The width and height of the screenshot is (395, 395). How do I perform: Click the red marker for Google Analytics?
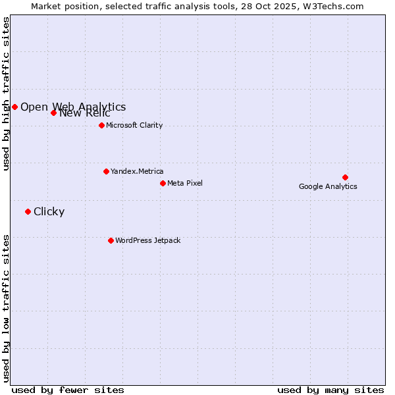pyautogui.click(x=345, y=177)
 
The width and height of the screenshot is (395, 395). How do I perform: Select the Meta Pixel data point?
pyautogui.click(x=163, y=183)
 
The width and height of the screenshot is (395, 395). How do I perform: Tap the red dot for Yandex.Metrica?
pyautogui.click(x=106, y=171)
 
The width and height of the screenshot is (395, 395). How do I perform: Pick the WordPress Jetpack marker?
pyautogui.click(x=111, y=240)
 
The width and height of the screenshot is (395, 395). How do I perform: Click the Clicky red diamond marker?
pyautogui.click(x=28, y=211)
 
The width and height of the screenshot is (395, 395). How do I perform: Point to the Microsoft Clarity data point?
pyautogui.click(x=101, y=125)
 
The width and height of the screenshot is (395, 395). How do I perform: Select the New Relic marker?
pyautogui.click(x=53, y=113)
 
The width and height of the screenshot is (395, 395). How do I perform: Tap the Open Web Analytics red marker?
pyautogui.click(x=14, y=107)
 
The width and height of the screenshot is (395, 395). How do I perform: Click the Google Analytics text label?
pyautogui.click(x=328, y=186)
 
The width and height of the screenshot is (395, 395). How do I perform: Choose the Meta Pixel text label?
pyautogui.click(x=185, y=183)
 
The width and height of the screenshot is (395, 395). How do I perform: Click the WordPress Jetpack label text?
pyautogui.click(x=147, y=240)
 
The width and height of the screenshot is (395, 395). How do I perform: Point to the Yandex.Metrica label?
pyautogui.click(x=137, y=171)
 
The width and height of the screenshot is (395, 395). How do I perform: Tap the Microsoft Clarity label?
pyautogui.click(x=134, y=125)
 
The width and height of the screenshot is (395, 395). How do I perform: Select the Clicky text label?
pyautogui.click(x=49, y=211)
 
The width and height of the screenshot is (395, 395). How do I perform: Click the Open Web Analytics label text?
pyautogui.click(x=73, y=107)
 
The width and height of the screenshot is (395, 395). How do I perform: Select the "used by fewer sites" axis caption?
pyautogui.click(x=68, y=390)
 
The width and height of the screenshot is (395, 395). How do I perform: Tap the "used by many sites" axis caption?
pyautogui.click(x=330, y=390)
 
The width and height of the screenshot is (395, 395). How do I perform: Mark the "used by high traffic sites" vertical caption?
pyautogui.click(x=6, y=93)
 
